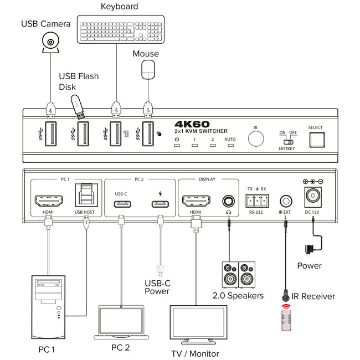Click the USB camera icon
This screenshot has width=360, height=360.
coord(50,43)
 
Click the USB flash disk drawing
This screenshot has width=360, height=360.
coord(77,106)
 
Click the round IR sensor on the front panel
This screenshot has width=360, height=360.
coord(255,138)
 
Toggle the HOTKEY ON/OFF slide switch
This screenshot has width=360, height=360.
coord(287,141)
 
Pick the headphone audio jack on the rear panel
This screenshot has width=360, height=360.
coord(227,200)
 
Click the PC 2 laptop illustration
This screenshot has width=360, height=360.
coord(120,321)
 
